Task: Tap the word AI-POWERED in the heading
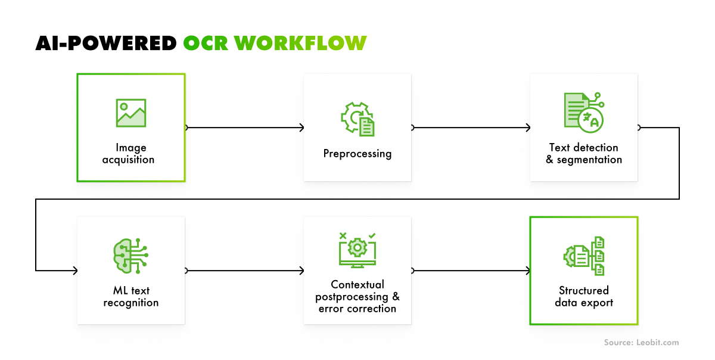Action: point(106,43)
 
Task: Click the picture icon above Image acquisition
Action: point(131,113)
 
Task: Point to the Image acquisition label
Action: point(131,154)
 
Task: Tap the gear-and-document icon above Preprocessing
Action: point(357,118)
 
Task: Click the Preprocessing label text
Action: point(357,154)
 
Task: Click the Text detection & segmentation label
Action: point(584,154)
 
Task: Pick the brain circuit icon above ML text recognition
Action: point(130,255)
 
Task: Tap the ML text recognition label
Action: point(131,297)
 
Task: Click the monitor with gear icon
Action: point(357,249)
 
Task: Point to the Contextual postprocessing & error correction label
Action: point(357,297)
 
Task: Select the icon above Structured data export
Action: point(584,256)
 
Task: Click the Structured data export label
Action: point(584,297)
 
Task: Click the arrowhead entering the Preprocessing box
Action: point(301,128)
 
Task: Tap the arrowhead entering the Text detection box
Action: point(527,128)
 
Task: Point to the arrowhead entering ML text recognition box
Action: point(74,271)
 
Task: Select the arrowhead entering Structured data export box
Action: point(527,271)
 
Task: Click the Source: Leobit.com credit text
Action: point(641,343)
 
